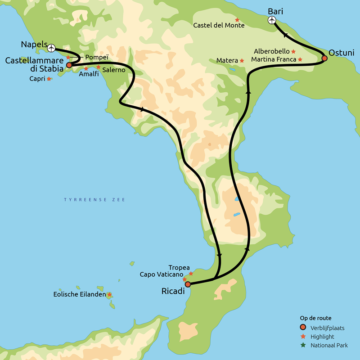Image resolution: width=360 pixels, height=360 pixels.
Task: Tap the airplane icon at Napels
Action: coord(51,48)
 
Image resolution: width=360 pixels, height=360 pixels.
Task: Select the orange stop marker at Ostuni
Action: coord(324,58)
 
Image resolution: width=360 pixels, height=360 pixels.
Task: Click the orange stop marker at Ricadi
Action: coord(188,284)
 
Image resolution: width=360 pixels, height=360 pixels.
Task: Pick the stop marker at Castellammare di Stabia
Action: coord(69,65)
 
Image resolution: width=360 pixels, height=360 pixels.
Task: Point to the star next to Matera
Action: coord(242,60)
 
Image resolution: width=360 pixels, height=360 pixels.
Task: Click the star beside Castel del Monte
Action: coord(237,20)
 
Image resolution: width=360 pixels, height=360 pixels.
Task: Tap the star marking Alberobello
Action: coord(293,51)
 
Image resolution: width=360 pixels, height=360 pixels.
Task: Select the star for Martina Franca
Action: coord(300,59)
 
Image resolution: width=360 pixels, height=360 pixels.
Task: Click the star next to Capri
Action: coord(49,79)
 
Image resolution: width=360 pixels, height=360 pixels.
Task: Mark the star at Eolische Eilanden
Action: coord(109,295)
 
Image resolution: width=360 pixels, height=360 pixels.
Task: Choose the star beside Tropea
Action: coord(191,273)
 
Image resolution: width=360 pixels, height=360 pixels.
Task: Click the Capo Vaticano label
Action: coord(161,274)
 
